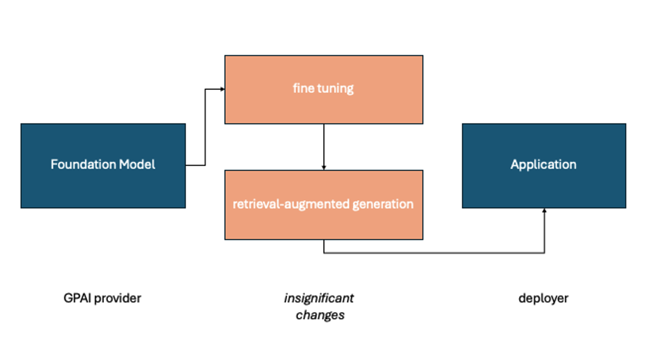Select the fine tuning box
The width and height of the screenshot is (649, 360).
(323, 106)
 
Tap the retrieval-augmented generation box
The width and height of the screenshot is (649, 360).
(323, 224)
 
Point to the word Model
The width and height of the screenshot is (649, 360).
(137, 164)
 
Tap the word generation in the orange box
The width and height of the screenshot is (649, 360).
(383, 204)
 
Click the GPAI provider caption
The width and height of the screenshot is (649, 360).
(102, 298)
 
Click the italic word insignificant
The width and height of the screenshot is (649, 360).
(319, 298)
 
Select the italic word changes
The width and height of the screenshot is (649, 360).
(320, 315)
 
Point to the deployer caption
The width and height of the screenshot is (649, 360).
(543, 298)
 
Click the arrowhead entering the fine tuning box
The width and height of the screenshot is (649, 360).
(222, 89)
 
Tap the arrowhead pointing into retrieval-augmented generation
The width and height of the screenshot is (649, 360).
(324, 168)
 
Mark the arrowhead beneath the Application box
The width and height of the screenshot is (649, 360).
(544, 211)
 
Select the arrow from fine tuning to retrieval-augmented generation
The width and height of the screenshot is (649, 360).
(324, 146)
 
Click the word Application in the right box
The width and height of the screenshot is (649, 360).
(543, 164)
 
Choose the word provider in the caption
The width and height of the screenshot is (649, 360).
(118, 298)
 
